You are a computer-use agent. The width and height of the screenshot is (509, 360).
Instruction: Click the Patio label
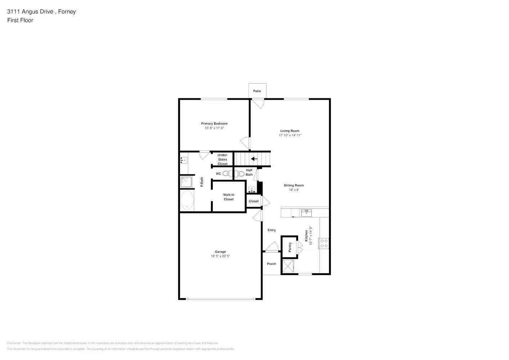pos(257,91)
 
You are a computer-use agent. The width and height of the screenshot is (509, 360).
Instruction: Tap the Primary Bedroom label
pos(214,123)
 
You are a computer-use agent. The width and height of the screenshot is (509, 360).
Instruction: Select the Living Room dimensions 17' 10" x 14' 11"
pos(290,135)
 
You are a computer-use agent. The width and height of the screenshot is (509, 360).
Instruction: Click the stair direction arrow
pos(254,158)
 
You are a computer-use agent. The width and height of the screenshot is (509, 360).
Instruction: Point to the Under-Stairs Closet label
pos(222,159)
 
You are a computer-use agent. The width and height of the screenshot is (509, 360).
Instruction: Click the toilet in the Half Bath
pos(240,174)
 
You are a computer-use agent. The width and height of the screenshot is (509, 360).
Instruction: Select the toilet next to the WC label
pos(226,174)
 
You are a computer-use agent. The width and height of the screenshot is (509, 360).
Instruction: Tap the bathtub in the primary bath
pos(187,201)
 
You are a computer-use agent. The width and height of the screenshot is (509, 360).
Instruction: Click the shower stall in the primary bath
pos(186,182)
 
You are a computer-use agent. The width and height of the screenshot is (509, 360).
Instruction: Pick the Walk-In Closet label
pos(229,197)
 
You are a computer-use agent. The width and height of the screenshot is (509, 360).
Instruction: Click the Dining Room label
pos(294,185)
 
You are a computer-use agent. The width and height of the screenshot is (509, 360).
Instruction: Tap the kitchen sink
pos(306,213)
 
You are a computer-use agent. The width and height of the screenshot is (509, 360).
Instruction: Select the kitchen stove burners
pos(324,243)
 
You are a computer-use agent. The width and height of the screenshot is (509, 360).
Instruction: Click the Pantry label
pos(290,247)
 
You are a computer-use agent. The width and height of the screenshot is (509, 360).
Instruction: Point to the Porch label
pos(271,264)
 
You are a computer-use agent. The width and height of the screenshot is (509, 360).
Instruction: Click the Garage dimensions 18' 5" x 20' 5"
pos(220,256)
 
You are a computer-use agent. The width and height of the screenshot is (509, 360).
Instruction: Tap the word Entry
pos(271,230)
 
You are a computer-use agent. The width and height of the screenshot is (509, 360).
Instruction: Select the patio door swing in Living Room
pos(258,104)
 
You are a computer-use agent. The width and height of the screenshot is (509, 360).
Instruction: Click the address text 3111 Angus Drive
pos(31,12)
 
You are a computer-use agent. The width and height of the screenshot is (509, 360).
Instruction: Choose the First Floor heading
pos(20,20)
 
